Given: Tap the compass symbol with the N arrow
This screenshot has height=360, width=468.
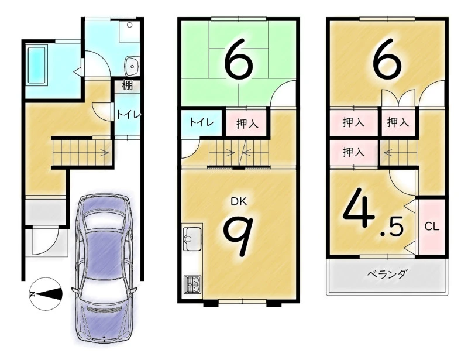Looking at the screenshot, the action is click(46, 294).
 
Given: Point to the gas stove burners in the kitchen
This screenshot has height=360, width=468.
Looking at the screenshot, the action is click(193, 284).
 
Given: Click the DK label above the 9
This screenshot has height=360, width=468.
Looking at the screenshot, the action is click(239, 202).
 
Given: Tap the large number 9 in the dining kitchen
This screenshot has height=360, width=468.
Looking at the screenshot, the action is click(239, 236).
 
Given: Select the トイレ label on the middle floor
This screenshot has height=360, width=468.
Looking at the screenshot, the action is click(202, 122).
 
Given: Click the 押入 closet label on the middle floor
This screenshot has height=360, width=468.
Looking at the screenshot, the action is click(247, 124).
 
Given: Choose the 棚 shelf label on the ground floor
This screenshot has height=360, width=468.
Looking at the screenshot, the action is click(127, 85).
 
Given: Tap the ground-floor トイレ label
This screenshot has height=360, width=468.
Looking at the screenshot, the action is click(128, 115).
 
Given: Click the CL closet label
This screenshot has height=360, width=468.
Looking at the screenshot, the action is click(432, 227).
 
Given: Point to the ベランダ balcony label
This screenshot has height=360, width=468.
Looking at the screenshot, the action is click(387, 274).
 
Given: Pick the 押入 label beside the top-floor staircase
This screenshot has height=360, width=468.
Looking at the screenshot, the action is click(353, 152).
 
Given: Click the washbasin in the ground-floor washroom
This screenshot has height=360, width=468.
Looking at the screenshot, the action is click(131, 66).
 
